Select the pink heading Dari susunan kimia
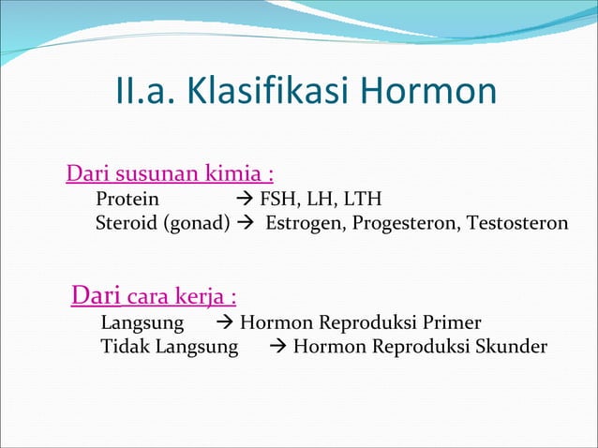pos(170,174)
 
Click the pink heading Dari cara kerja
pos(154,298)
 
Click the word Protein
pos(127,199)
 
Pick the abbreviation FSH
pos(277,199)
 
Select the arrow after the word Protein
pos(244,199)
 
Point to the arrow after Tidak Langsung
pos(277,348)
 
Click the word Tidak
pos(125,348)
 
